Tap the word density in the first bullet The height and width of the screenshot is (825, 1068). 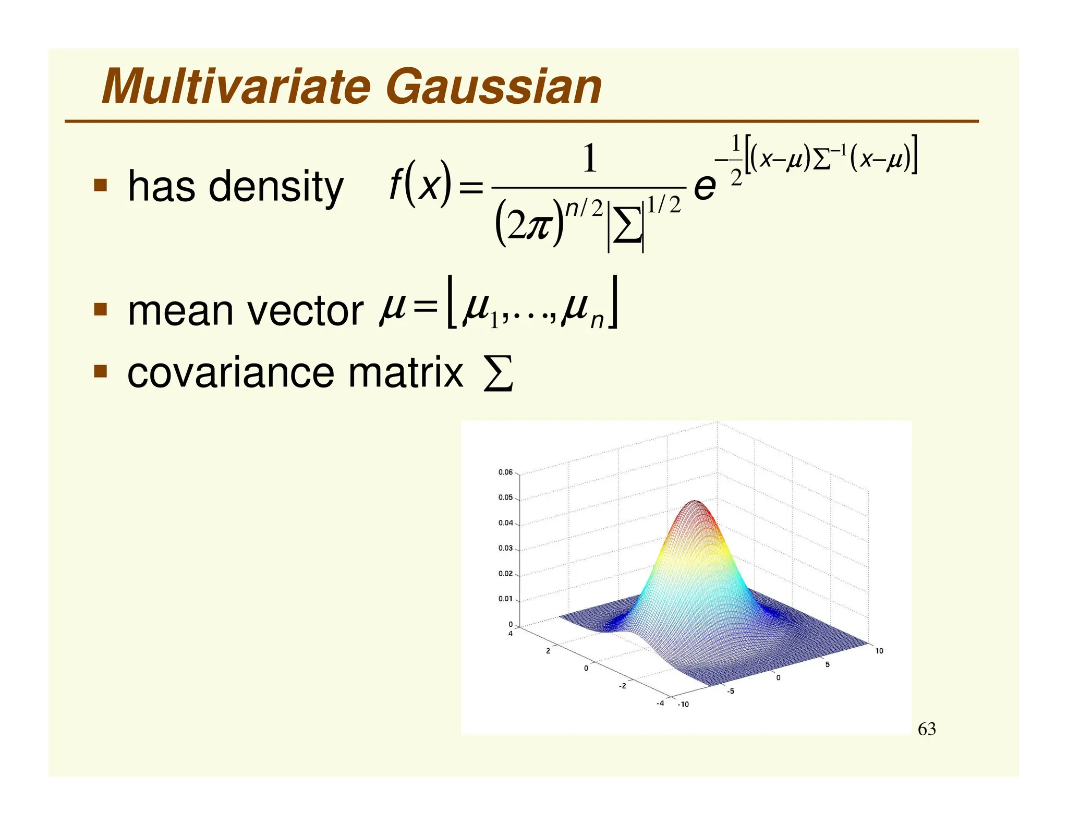(x=276, y=186)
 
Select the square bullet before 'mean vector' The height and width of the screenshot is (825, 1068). (x=100, y=310)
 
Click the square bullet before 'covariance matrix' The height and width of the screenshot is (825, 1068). (x=100, y=371)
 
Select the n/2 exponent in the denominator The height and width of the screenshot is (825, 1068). (x=585, y=208)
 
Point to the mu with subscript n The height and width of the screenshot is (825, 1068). (x=581, y=311)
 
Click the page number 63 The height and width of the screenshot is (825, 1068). (x=927, y=729)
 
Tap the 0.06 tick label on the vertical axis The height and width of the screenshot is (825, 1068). (x=505, y=472)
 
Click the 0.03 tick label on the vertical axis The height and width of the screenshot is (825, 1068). (x=505, y=548)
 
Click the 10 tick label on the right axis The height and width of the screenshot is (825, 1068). (x=879, y=651)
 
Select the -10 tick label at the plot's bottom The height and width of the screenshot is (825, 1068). (x=683, y=705)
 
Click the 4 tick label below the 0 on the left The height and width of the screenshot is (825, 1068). (x=511, y=634)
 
